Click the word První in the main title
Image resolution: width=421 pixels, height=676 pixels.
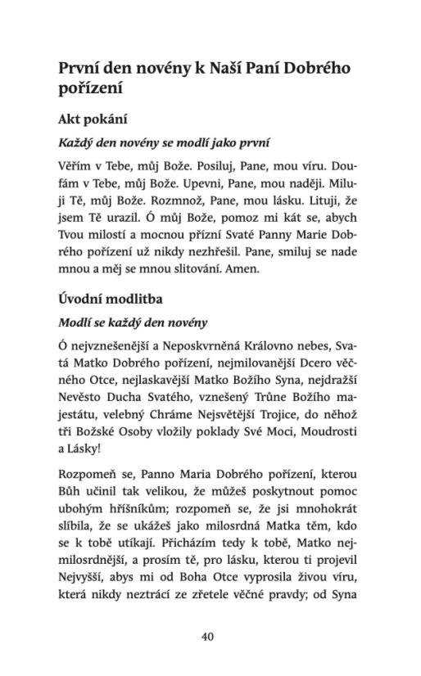(x=82, y=68)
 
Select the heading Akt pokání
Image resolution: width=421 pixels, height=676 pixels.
(x=97, y=118)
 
